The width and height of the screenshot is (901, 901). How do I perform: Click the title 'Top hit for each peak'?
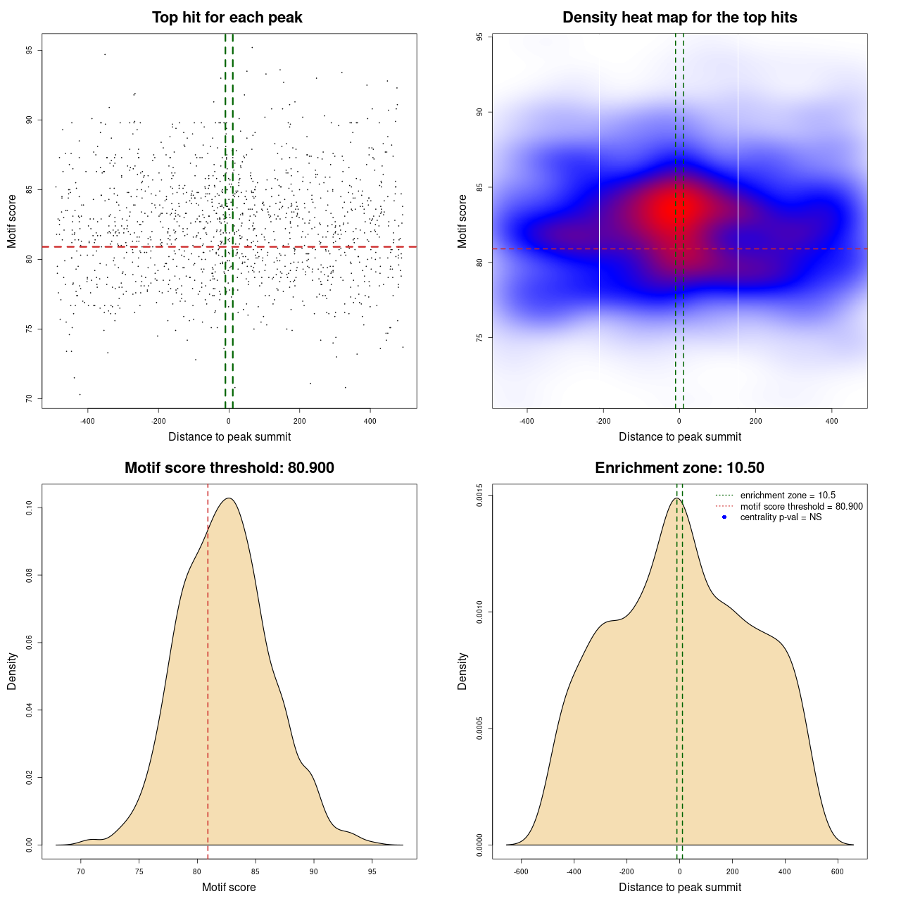click(227, 18)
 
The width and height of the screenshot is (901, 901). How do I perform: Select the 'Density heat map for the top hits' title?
click(679, 18)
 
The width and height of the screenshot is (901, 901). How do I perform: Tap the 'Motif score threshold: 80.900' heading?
click(229, 468)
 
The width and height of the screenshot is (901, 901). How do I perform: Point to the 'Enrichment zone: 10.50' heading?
click(679, 468)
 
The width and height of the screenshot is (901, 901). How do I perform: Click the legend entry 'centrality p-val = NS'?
click(781, 517)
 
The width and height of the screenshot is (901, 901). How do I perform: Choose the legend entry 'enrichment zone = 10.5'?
click(788, 496)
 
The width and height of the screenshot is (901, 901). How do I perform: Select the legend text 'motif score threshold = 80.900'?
click(801, 507)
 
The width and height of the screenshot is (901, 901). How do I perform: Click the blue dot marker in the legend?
click(724, 517)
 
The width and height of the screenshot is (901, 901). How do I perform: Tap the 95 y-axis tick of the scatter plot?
click(30, 51)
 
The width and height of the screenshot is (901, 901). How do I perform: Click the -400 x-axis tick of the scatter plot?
click(87, 422)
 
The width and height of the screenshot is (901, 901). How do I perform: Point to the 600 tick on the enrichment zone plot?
click(837, 871)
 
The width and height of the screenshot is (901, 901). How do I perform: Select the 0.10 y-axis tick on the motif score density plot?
click(30, 508)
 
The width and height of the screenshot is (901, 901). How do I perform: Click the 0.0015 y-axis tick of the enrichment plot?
click(480, 496)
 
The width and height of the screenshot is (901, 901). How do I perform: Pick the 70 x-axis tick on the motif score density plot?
click(81, 871)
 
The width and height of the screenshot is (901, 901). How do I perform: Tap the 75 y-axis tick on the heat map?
click(480, 338)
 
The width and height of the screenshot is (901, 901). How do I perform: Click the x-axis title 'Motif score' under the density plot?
click(229, 887)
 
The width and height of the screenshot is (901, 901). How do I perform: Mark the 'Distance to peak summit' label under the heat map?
click(679, 436)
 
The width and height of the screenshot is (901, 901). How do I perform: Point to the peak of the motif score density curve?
click(229, 498)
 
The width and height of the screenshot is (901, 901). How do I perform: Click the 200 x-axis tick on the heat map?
click(755, 422)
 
